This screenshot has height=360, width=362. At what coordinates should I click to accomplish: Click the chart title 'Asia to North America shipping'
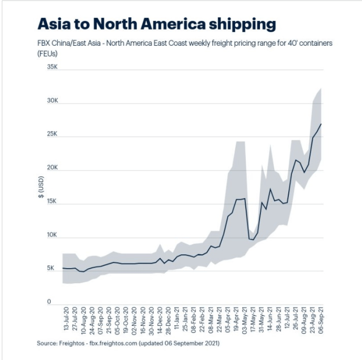(157, 24)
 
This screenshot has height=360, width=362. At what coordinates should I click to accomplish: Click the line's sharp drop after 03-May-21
(247, 220)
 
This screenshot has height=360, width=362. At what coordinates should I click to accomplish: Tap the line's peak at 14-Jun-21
(270, 188)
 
